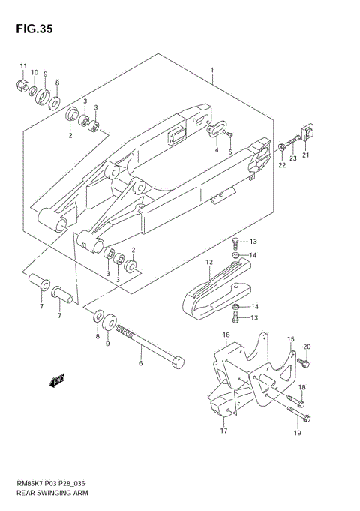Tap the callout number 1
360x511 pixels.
(x=212, y=72)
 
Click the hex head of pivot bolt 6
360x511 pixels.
(x=177, y=362)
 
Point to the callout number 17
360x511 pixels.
(x=223, y=431)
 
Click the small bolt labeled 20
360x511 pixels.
(x=304, y=362)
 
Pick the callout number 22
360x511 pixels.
(x=282, y=165)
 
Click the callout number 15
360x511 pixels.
(x=290, y=339)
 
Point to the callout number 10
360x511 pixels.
(x=34, y=74)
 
